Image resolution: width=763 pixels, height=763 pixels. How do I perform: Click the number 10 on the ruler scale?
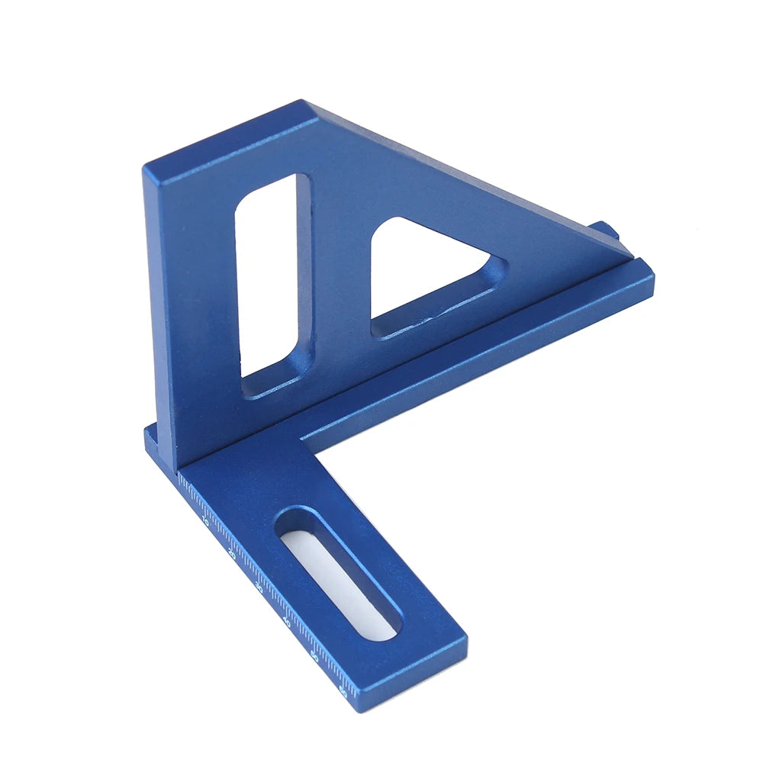(x=204, y=522)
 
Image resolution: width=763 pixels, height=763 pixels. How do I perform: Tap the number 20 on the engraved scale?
(x=232, y=555)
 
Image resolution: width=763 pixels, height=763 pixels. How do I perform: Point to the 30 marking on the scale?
(x=259, y=588)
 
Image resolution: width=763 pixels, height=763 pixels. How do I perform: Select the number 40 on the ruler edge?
(x=286, y=622)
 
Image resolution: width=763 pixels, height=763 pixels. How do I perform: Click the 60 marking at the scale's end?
(x=343, y=691)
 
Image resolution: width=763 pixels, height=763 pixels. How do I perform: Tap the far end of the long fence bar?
(x=645, y=271)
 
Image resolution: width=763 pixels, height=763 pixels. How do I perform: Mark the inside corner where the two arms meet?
(x=301, y=440)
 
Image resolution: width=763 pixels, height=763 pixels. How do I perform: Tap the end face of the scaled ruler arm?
(x=408, y=683)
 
